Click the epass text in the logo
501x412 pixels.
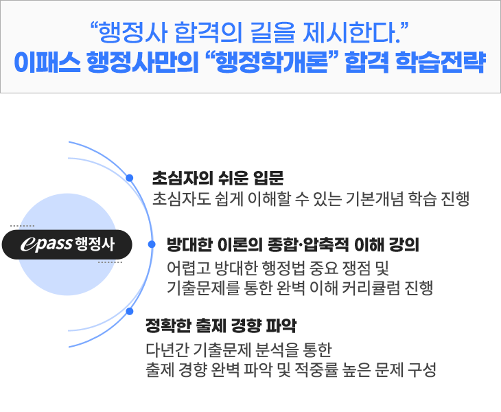[x=46, y=244]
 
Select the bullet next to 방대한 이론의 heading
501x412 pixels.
[x=152, y=244]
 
